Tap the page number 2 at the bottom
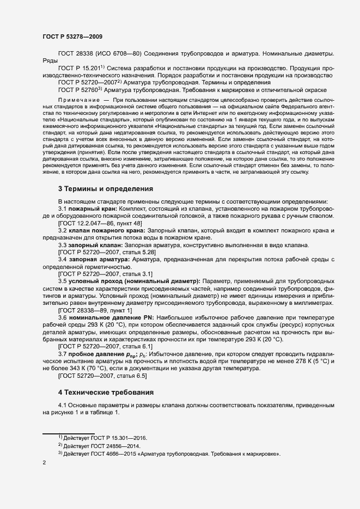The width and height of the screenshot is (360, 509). tap(44, 463)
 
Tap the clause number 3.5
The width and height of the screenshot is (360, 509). tap(63, 281)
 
